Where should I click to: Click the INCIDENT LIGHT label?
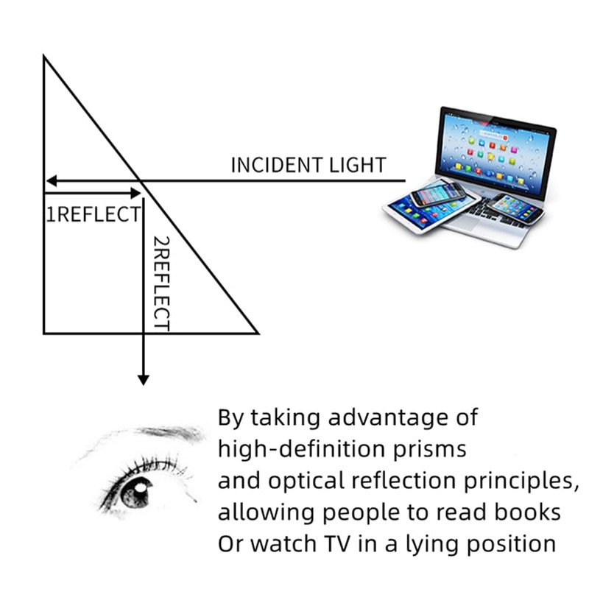[308, 165]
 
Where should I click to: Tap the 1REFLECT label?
[93, 215]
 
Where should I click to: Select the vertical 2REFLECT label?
[161, 283]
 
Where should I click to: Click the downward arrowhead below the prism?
[143, 380]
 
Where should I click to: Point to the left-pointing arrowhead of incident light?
[50, 180]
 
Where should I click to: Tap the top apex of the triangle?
[45, 57]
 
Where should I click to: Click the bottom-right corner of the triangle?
[255, 333]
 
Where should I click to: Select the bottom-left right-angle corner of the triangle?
[45, 333]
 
